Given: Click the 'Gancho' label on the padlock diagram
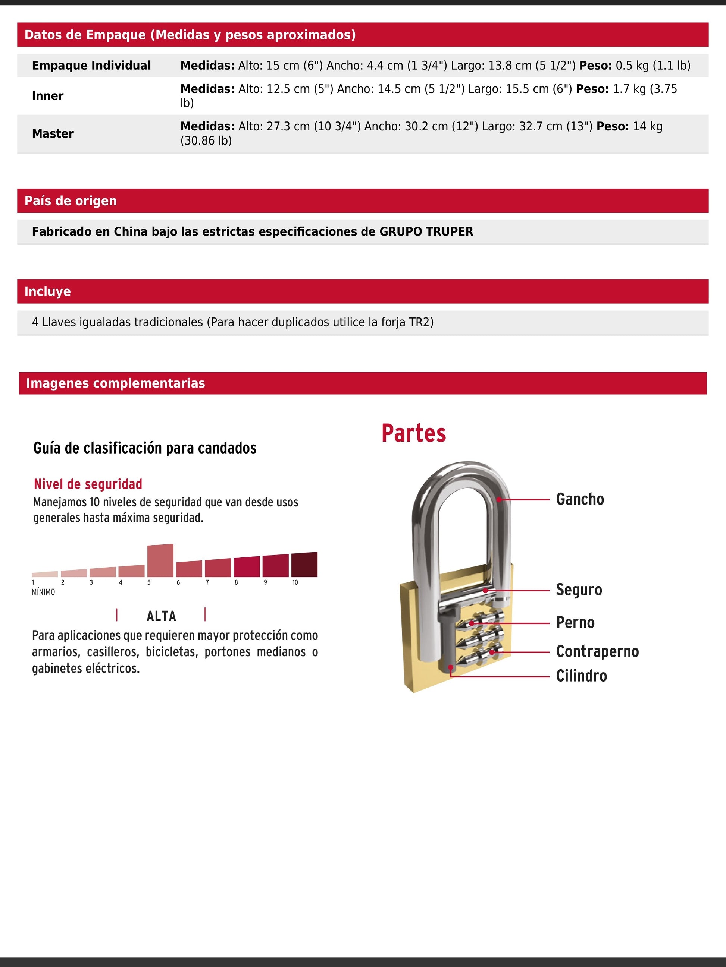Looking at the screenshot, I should coord(579,499).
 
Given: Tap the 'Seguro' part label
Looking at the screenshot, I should coord(579,590).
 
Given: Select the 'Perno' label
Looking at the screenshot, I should coord(575,623).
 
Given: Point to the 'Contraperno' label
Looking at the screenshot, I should coord(597,651).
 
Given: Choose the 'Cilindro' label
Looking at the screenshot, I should coord(581,676).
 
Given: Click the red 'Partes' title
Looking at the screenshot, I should coord(413,433).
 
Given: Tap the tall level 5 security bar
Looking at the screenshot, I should coord(160,560).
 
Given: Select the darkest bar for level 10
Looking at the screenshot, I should coord(304,565).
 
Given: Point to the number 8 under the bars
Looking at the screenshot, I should coord(236,582).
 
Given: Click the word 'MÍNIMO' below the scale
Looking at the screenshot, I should coord(43,592).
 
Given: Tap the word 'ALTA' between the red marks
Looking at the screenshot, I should coord(162,616).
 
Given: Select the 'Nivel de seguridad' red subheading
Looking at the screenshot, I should coord(88,484).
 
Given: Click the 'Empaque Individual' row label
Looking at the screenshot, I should coord(91,66).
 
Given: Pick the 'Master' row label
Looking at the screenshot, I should coord(53,133).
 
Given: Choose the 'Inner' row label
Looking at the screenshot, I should coord(48,96).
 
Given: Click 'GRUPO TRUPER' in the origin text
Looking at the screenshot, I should coord(426,231).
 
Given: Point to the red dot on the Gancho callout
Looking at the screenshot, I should coord(499,499).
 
